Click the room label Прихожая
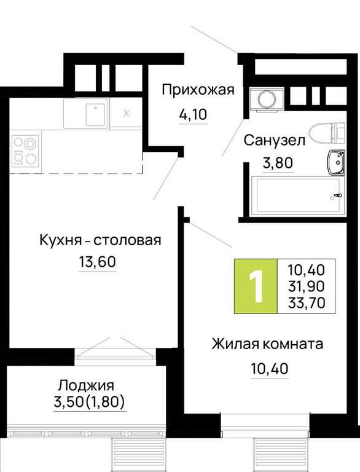[x=198, y=90]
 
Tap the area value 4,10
[x=193, y=114]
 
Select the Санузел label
[x=274, y=141]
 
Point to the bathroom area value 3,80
[x=278, y=163]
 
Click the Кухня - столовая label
[x=100, y=240]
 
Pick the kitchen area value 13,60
[x=97, y=262]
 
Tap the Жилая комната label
[x=267, y=344]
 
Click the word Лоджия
[x=87, y=385]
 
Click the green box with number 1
[x=256, y=286]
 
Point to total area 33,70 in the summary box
[x=307, y=302]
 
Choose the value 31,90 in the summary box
[x=307, y=286]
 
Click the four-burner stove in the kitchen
[x=26, y=151]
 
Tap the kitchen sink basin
[x=96, y=115]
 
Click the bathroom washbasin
[x=336, y=162]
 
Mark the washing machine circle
[x=267, y=98]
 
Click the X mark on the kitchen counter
[x=127, y=114]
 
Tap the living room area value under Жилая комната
[x=270, y=369]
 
